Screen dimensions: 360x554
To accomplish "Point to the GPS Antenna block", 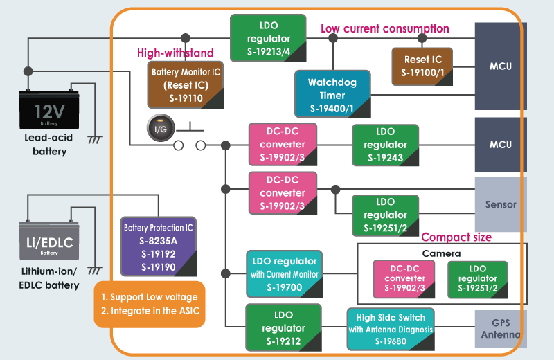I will [x=500, y=329].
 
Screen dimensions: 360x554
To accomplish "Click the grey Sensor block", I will [x=500, y=204].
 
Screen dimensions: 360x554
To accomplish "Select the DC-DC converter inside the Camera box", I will [x=404, y=278].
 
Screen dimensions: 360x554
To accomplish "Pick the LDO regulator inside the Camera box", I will [x=477, y=278].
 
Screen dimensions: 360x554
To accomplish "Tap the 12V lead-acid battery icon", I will [x=48, y=111].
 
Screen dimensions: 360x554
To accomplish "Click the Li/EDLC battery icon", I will [x=48, y=242].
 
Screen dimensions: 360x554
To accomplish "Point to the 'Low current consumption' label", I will [x=384, y=28].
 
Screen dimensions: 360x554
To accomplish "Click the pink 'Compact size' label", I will [x=456, y=237].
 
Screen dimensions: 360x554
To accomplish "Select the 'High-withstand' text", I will [x=175, y=53].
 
